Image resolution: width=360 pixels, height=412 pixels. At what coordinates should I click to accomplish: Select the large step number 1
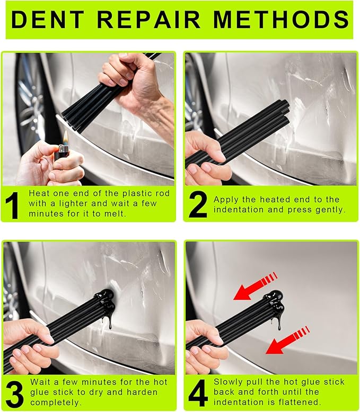pyautogui.click(x=13, y=205)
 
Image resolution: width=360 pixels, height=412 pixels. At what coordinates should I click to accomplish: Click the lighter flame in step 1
pyautogui.click(x=64, y=137)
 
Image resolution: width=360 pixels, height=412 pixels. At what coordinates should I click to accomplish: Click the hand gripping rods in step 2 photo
pyautogui.click(x=207, y=159)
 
